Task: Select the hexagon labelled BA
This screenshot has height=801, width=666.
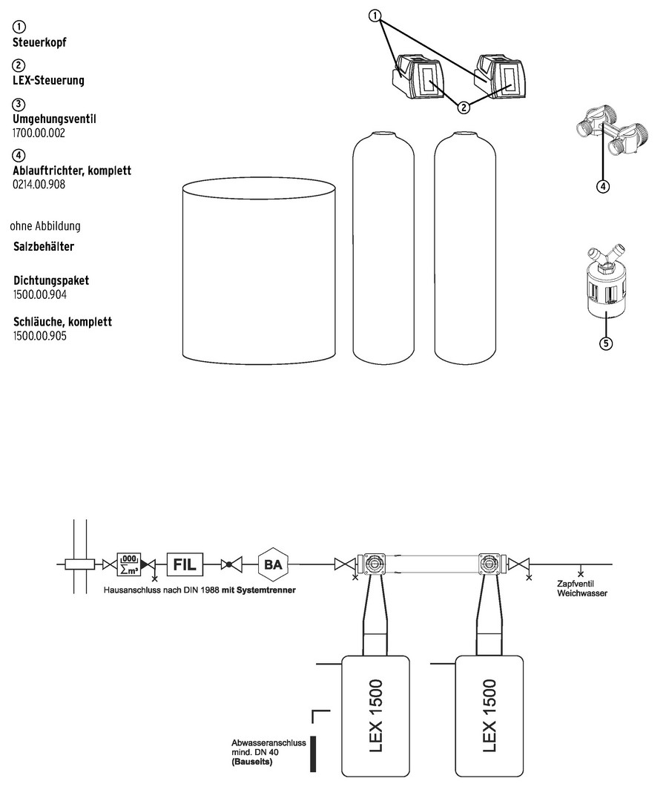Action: coord(273,564)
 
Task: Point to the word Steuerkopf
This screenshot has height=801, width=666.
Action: coord(39,42)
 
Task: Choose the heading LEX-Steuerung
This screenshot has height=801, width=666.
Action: coord(48,80)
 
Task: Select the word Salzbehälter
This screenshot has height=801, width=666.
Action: coord(44,247)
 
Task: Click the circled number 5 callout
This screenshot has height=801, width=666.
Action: coord(606,343)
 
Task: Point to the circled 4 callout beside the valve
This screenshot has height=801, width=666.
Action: coord(603,187)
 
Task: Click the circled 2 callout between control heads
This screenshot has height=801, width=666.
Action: coord(463,108)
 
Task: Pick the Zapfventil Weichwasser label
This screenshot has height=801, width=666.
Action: coord(582,588)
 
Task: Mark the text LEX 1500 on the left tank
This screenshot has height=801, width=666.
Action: coord(375,716)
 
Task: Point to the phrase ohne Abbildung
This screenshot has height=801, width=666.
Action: coord(45,225)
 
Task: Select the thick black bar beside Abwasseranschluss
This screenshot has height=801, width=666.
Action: coord(313,754)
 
